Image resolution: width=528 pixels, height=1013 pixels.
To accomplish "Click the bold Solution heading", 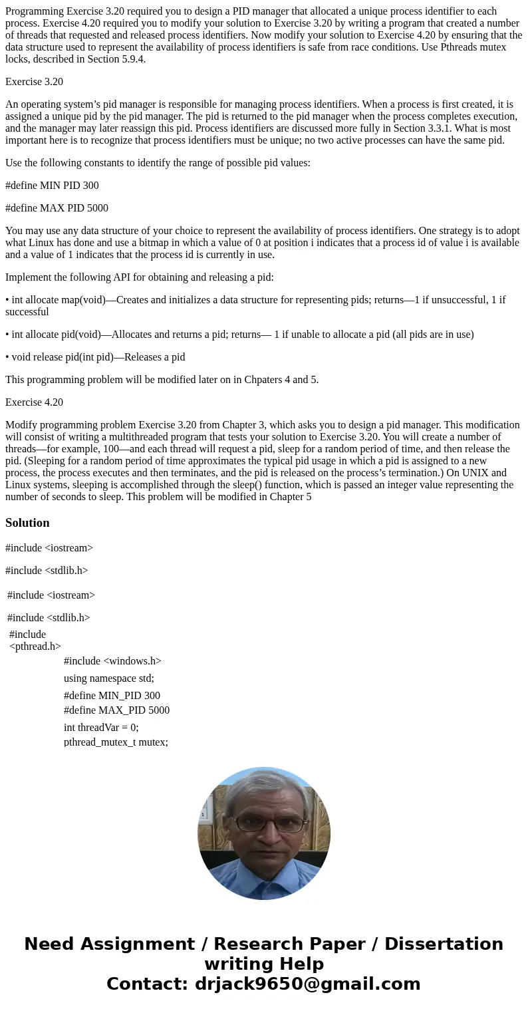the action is [x=27, y=523].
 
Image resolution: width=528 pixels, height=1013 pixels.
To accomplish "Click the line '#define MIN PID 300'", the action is [x=52, y=186].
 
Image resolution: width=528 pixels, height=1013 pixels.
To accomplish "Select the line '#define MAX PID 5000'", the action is [x=57, y=208].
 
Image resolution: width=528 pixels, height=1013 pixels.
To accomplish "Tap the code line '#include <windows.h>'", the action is [x=112, y=661].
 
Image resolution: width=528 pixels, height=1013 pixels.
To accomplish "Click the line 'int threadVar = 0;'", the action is [x=101, y=728].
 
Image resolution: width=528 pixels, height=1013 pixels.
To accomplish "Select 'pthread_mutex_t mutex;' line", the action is [x=116, y=742].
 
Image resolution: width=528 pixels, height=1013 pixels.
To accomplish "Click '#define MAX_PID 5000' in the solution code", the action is [x=116, y=710].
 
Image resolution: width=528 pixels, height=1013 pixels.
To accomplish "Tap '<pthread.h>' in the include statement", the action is [x=35, y=647].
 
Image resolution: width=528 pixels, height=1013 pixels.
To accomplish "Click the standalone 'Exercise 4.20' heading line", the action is [x=34, y=402].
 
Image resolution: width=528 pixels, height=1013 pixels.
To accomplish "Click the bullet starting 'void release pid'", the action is [x=95, y=357].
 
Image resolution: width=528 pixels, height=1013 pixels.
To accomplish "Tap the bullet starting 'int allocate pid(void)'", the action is [x=239, y=335].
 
